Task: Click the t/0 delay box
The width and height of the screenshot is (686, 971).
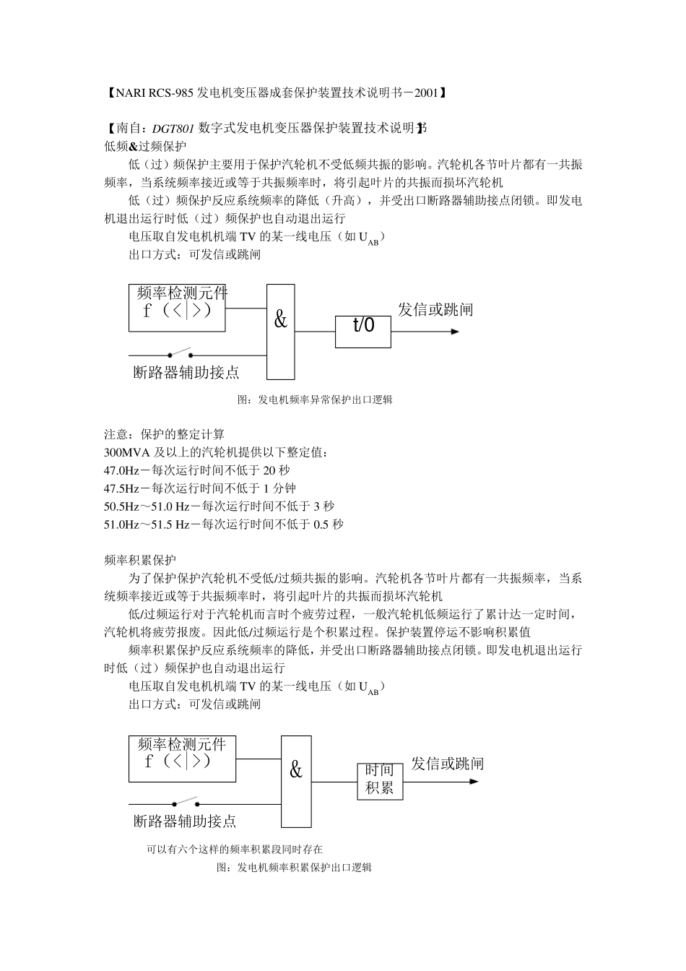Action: point(363,332)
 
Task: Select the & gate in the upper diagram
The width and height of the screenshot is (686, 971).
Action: point(281,332)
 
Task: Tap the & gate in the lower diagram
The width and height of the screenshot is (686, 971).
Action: point(296,781)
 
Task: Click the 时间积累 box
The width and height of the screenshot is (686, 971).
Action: point(380,780)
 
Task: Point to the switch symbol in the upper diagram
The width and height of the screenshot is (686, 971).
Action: point(180,353)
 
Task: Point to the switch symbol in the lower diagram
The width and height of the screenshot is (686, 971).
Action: point(186,802)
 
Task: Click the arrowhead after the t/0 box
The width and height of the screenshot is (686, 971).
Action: point(455,332)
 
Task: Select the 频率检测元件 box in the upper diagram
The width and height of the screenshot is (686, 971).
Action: point(177,308)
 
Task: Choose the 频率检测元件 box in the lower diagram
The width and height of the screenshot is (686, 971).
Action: point(182,759)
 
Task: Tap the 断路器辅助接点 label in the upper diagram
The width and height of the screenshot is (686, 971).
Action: point(186,373)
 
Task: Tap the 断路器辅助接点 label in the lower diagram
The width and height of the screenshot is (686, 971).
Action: point(185,821)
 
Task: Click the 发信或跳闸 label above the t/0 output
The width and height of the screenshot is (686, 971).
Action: point(435,310)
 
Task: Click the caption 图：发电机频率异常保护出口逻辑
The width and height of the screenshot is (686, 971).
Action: point(315,400)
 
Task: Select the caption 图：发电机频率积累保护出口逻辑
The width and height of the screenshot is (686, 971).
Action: point(295,868)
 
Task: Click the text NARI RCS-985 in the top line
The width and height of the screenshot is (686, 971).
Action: point(152,92)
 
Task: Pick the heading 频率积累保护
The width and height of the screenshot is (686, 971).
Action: point(140,560)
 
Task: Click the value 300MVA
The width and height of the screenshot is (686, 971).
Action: point(126,452)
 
